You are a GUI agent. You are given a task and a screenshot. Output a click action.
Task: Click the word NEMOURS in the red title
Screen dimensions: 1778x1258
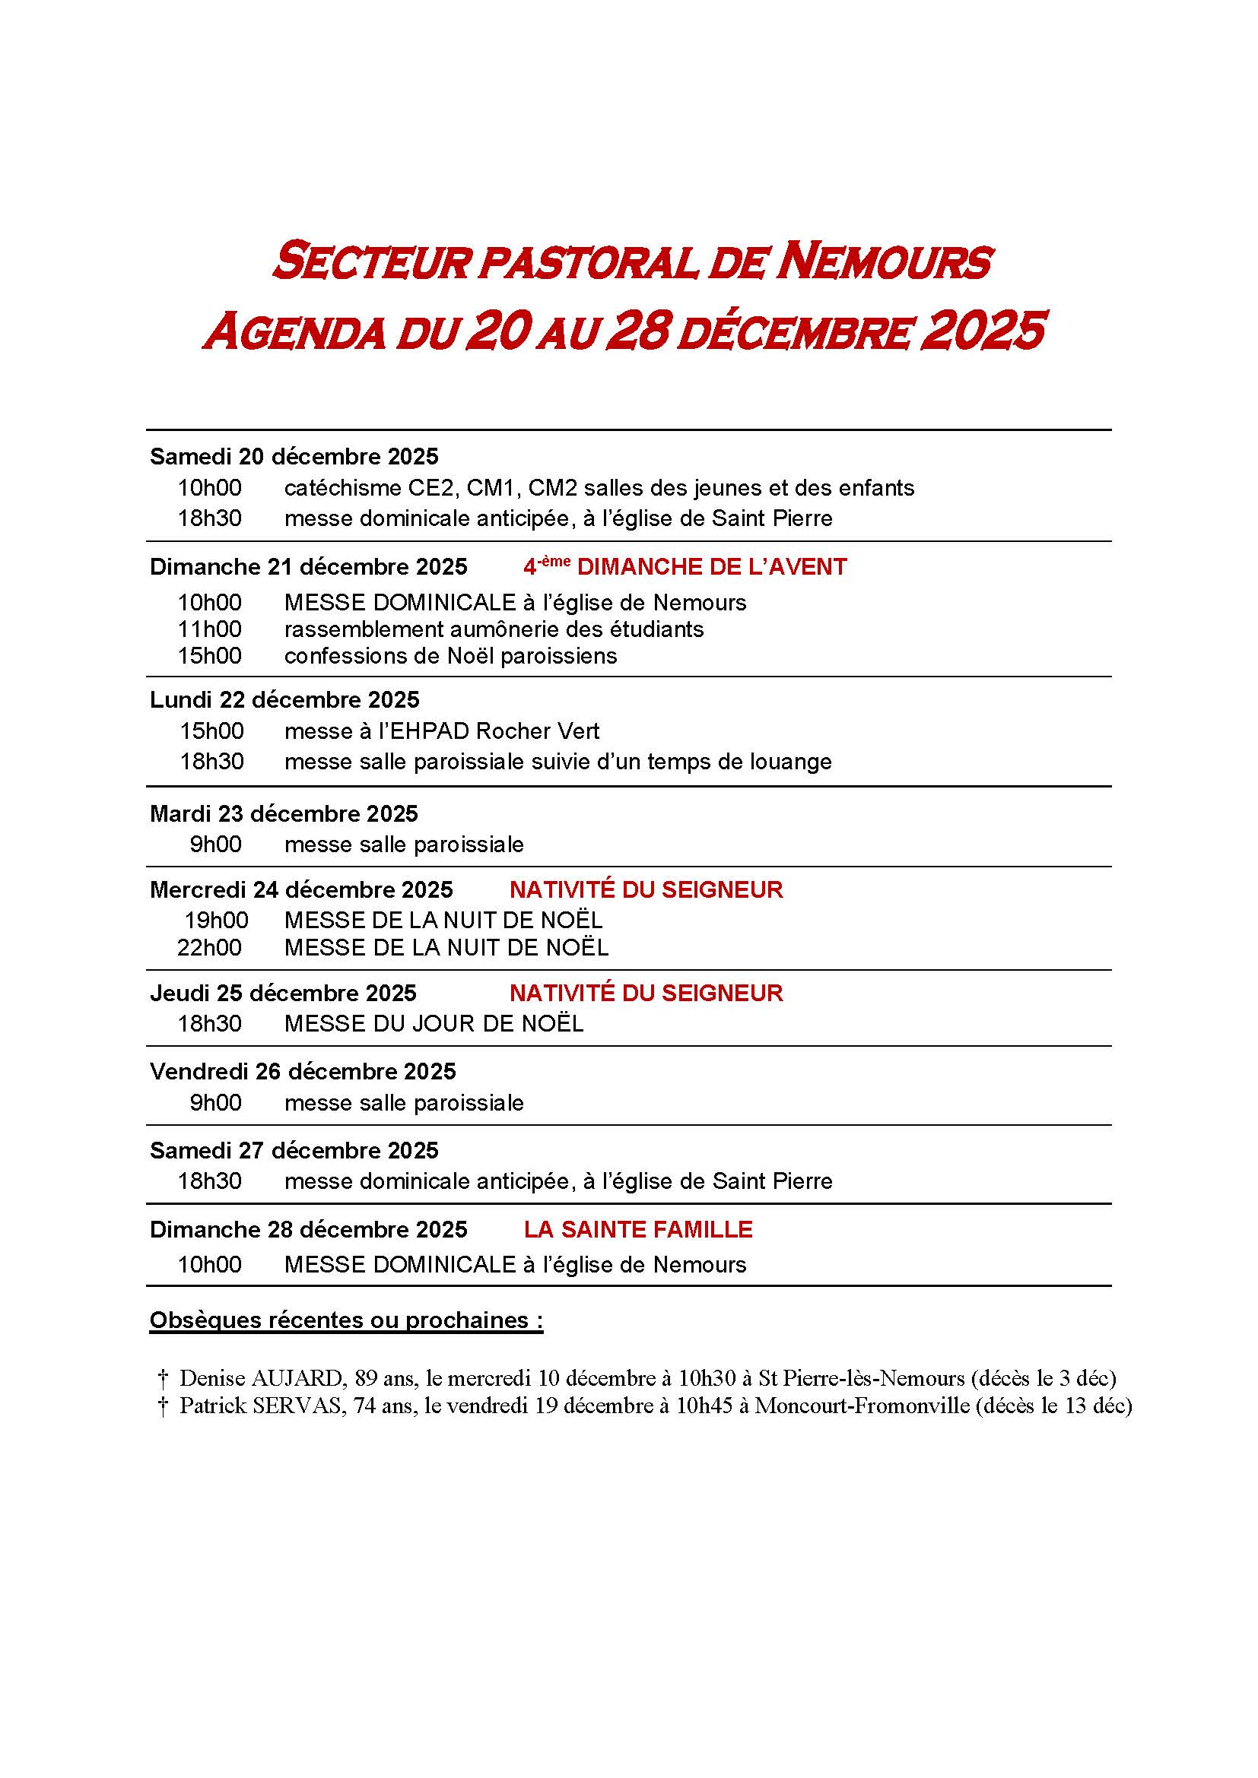(884, 261)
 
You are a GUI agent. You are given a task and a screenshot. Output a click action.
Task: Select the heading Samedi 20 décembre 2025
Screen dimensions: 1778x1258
(294, 456)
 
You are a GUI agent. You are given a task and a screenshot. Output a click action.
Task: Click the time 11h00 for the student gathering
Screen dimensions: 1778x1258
(209, 629)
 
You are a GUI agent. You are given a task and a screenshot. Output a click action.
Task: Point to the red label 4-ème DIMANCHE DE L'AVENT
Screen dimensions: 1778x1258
(685, 567)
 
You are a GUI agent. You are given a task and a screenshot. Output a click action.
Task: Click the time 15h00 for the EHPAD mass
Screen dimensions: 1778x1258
(211, 731)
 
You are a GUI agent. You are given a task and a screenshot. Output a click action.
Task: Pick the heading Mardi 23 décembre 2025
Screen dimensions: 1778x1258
(284, 813)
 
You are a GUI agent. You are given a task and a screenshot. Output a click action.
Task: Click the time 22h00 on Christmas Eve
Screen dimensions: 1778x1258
(209, 947)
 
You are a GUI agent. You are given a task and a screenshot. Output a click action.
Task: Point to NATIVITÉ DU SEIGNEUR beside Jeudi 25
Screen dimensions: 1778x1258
(646, 993)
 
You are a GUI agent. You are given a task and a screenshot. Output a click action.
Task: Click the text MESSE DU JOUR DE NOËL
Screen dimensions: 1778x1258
(434, 1024)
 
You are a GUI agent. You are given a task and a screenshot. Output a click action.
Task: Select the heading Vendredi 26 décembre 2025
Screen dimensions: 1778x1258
(303, 1071)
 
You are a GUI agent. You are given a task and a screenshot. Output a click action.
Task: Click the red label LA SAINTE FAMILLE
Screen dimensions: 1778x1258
(638, 1229)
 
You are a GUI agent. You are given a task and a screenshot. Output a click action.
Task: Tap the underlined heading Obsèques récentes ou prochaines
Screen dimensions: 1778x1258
(345, 1320)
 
